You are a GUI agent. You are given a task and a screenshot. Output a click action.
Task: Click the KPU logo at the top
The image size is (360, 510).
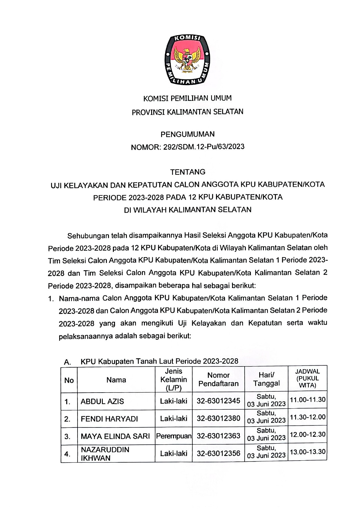(187, 60)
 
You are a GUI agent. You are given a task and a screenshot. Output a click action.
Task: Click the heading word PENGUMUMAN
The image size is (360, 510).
(188, 134)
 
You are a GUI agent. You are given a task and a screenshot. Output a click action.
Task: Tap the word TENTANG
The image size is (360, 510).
(188, 172)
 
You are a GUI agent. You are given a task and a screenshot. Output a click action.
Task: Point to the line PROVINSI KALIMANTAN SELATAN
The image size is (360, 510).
(188, 112)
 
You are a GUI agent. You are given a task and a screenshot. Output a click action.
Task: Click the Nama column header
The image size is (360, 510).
(116, 380)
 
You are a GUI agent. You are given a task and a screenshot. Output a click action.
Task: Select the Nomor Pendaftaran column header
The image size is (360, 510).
(218, 380)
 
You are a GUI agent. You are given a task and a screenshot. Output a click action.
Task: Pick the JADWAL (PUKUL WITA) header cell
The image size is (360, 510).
(307, 378)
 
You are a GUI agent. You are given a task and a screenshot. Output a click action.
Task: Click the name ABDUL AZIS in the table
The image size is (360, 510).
(102, 401)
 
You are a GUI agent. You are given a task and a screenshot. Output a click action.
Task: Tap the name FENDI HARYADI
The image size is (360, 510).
(109, 419)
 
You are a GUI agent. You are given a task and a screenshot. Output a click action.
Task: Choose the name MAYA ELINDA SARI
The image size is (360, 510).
(115, 436)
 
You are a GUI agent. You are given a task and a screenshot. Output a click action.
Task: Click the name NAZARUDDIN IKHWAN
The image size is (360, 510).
(105, 454)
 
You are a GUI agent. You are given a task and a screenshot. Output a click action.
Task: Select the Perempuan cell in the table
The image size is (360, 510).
(174, 436)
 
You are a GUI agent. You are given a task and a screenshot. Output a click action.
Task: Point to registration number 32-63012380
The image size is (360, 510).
(218, 418)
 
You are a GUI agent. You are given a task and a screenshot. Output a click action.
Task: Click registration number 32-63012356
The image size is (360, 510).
(218, 453)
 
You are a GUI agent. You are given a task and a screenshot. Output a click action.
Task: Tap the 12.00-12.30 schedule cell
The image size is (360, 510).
(307, 435)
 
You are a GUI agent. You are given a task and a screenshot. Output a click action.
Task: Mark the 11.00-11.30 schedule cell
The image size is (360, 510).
(307, 400)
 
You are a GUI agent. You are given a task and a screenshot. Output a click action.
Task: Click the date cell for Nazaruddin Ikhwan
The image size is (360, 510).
(266, 452)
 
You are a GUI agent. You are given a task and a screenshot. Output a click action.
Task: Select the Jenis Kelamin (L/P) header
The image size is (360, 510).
(174, 380)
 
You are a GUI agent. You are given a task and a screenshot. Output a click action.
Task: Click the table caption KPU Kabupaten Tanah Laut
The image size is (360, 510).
(159, 361)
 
